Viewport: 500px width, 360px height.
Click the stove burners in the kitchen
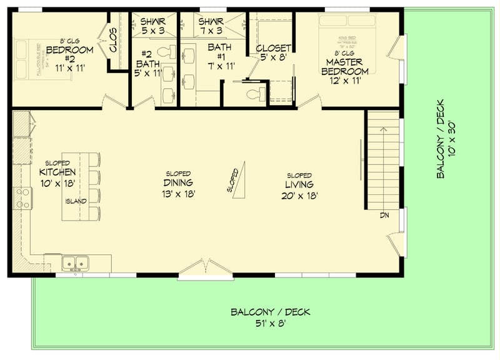[x=23, y=198]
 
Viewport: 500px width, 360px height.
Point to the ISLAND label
[x=76, y=201]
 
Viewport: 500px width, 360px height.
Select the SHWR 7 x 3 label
[x=211, y=26]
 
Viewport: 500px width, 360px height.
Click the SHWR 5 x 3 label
[x=154, y=26]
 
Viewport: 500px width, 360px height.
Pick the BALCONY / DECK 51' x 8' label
[x=270, y=317]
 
